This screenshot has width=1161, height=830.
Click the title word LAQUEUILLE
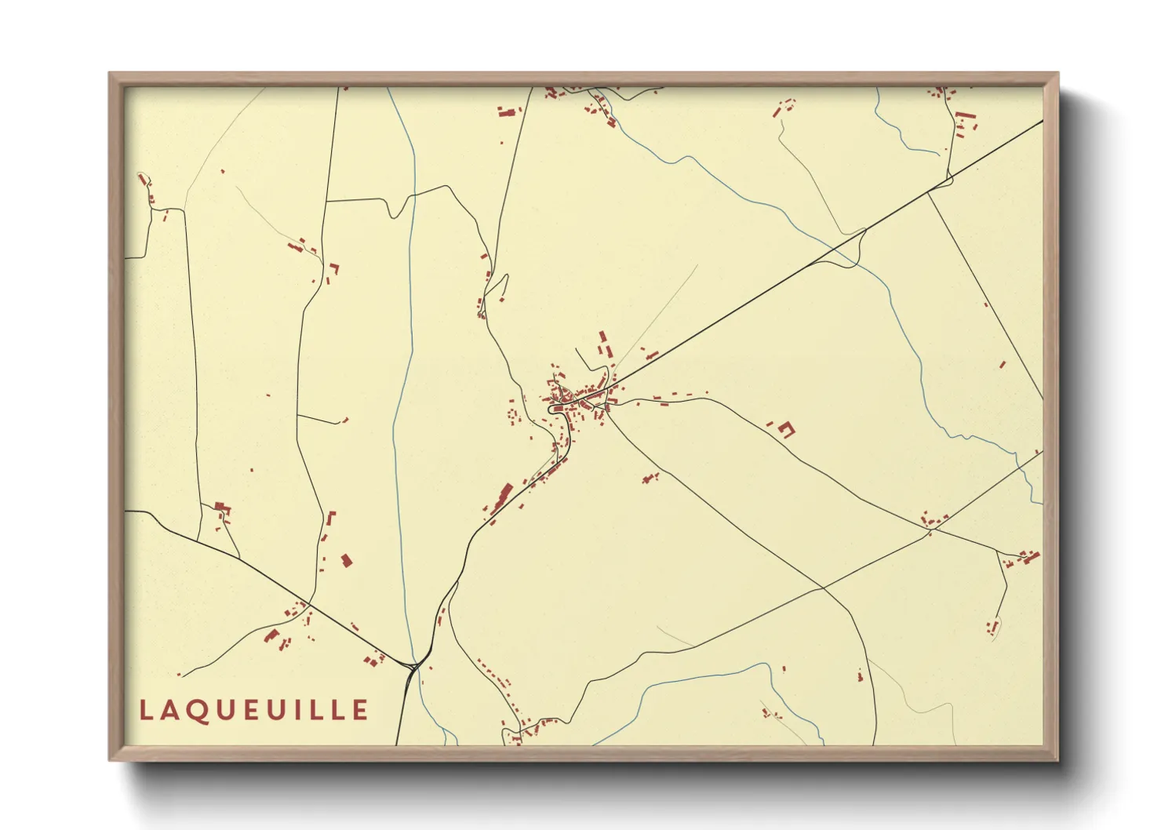click(x=253, y=710)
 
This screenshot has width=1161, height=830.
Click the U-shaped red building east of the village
click(x=785, y=428)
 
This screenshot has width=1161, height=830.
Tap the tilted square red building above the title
click(x=346, y=560)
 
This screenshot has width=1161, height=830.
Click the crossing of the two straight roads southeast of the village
click(x=821, y=588)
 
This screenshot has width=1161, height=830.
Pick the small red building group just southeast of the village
click(x=650, y=477)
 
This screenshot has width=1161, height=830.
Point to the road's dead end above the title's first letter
click(x=180, y=675)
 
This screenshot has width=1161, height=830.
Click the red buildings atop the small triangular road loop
click(x=222, y=510)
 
